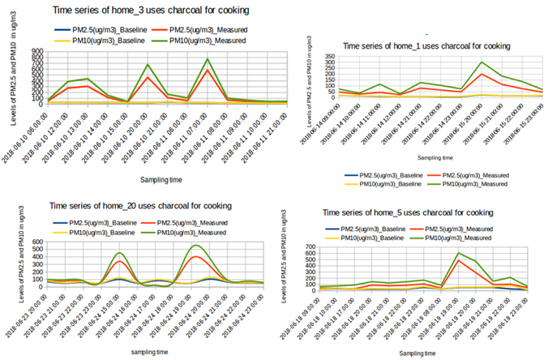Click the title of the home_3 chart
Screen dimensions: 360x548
click(x=150, y=10)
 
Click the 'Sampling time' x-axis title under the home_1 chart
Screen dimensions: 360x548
click(x=434, y=160)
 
